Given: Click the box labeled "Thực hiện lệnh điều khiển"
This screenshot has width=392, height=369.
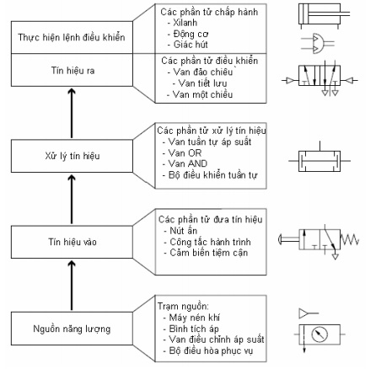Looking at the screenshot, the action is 72,37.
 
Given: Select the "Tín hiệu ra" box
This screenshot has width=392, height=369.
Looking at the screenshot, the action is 72,70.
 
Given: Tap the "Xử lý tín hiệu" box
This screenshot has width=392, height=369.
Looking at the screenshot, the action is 72,156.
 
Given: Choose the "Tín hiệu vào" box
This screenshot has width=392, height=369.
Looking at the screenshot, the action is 72,242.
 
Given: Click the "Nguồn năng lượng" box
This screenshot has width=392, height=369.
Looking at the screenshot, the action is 72,329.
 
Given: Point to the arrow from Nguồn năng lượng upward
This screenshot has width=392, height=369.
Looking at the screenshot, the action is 72,286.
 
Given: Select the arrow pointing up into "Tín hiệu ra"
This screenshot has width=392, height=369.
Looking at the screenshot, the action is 72,113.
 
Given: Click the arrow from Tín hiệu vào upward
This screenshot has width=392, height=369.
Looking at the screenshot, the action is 72,199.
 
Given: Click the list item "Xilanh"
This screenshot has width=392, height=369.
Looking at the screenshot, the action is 185,23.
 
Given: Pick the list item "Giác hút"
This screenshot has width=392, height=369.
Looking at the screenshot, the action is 191,45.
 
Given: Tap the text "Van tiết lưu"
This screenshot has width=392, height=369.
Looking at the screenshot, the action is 202,83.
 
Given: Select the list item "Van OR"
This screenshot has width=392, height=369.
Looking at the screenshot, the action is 185,152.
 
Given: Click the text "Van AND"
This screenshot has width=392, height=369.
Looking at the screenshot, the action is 188,163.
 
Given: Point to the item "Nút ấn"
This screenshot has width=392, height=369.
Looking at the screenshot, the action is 184,231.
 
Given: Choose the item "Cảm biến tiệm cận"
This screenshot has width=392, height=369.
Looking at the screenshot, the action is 209,253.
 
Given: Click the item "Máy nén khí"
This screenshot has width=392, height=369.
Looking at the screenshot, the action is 194,318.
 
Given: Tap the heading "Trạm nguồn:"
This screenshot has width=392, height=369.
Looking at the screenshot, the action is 183,306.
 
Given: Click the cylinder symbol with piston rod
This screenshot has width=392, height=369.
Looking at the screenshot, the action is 324,15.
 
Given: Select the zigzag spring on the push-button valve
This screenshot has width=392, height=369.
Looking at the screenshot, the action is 350,240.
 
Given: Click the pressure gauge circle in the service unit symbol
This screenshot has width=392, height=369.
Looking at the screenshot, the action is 320,334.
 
